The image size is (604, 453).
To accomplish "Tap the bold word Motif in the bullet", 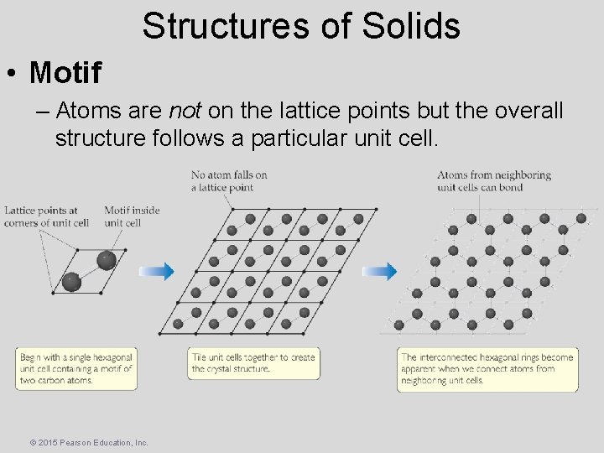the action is click(x=65, y=73).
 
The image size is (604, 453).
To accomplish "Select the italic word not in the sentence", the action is click(x=184, y=111).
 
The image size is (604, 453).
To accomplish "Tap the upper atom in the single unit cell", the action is click(x=106, y=260).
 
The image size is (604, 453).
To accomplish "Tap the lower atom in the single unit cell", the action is click(x=72, y=282).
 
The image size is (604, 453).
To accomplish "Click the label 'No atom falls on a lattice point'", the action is click(x=229, y=180).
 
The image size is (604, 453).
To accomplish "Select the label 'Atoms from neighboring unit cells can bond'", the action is click(x=493, y=180).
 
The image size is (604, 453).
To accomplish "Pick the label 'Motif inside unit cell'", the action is click(x=132, y=216).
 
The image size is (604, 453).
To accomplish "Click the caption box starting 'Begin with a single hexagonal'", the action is click(x=76, y=368).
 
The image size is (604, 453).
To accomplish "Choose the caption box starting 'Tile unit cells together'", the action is click(x=253, y=362).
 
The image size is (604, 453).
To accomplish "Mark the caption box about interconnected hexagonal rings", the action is click(x=487, y=368).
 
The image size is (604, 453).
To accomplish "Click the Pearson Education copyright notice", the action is click(x=88, y=441).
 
